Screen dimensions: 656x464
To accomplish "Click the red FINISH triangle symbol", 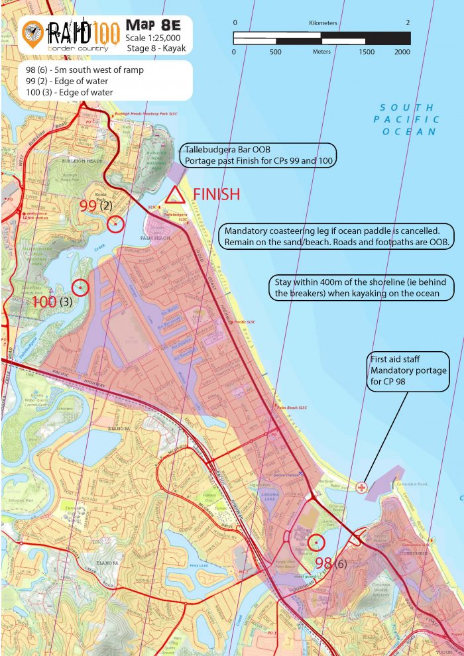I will pyautogui.click(x=174, y=195).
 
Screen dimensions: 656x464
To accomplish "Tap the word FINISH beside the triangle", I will pyautogui.click(x=215, y=194).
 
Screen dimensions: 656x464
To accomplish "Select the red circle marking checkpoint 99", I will pyautogui.click(x=115, y=224).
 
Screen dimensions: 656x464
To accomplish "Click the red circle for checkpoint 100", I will pyautogui.click(x=80, y=288).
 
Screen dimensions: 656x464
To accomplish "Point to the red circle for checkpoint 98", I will pyautogui.click(x=316, y=543).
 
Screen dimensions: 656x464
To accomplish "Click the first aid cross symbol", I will pyautogui.click(x=361, y=488).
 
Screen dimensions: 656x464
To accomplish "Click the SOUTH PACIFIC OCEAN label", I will pyautogui.click(x=406, y=119).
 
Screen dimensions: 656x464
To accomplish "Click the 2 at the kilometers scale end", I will pyautogui.click(x=407, y=23).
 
